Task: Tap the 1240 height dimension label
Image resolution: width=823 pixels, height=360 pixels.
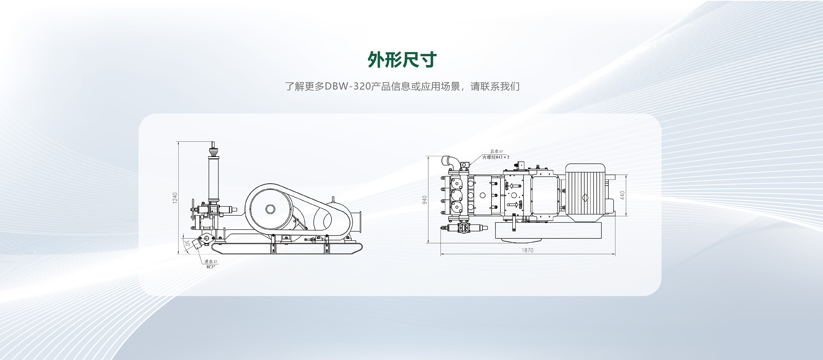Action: tap(175, 198)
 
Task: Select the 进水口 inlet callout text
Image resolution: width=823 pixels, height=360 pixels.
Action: tap(210, 262)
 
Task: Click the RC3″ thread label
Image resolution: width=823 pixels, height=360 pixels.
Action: tap(210, 267)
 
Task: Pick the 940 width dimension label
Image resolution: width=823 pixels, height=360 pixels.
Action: tap(424, 200)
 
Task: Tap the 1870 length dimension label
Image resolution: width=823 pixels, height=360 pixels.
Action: tap(527, 250)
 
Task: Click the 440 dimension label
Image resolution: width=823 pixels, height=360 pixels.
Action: tap(622, 195)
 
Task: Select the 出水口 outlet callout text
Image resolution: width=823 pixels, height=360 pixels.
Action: tap(496, 151)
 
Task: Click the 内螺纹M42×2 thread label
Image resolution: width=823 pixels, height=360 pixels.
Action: tap(495, 157)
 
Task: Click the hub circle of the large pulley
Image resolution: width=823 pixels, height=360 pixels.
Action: tap(270, 209)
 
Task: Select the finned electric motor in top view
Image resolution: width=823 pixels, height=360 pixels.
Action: tap(585, 193)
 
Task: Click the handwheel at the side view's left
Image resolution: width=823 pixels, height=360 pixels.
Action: tap(193, 209)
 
